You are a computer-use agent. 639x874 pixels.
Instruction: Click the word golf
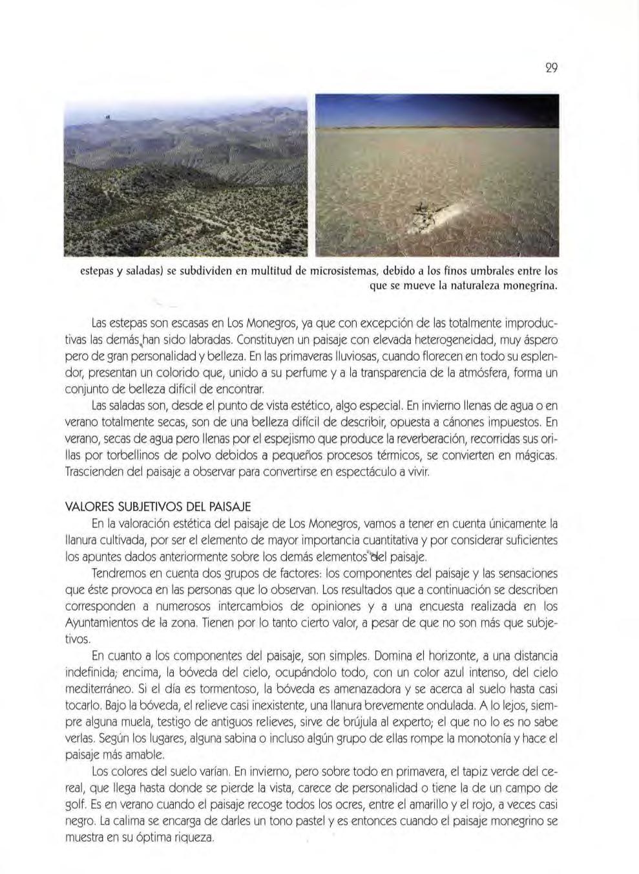coord(76,805)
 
